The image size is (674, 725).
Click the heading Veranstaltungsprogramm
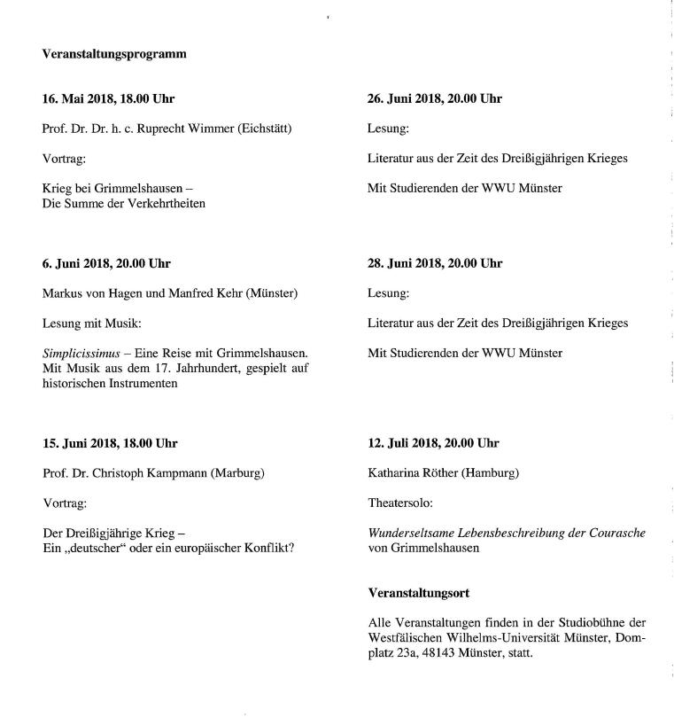(114, 54)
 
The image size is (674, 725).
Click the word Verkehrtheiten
(163, 204)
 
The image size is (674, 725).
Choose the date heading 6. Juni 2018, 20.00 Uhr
(106, 263)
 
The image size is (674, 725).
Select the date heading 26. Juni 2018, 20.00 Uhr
(435, 98)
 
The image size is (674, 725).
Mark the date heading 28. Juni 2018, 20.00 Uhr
(435, 263)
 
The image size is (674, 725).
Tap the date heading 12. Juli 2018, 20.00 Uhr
(433, 443)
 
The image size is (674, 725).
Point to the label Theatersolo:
(400, 503)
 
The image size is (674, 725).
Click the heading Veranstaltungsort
(419, 592)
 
